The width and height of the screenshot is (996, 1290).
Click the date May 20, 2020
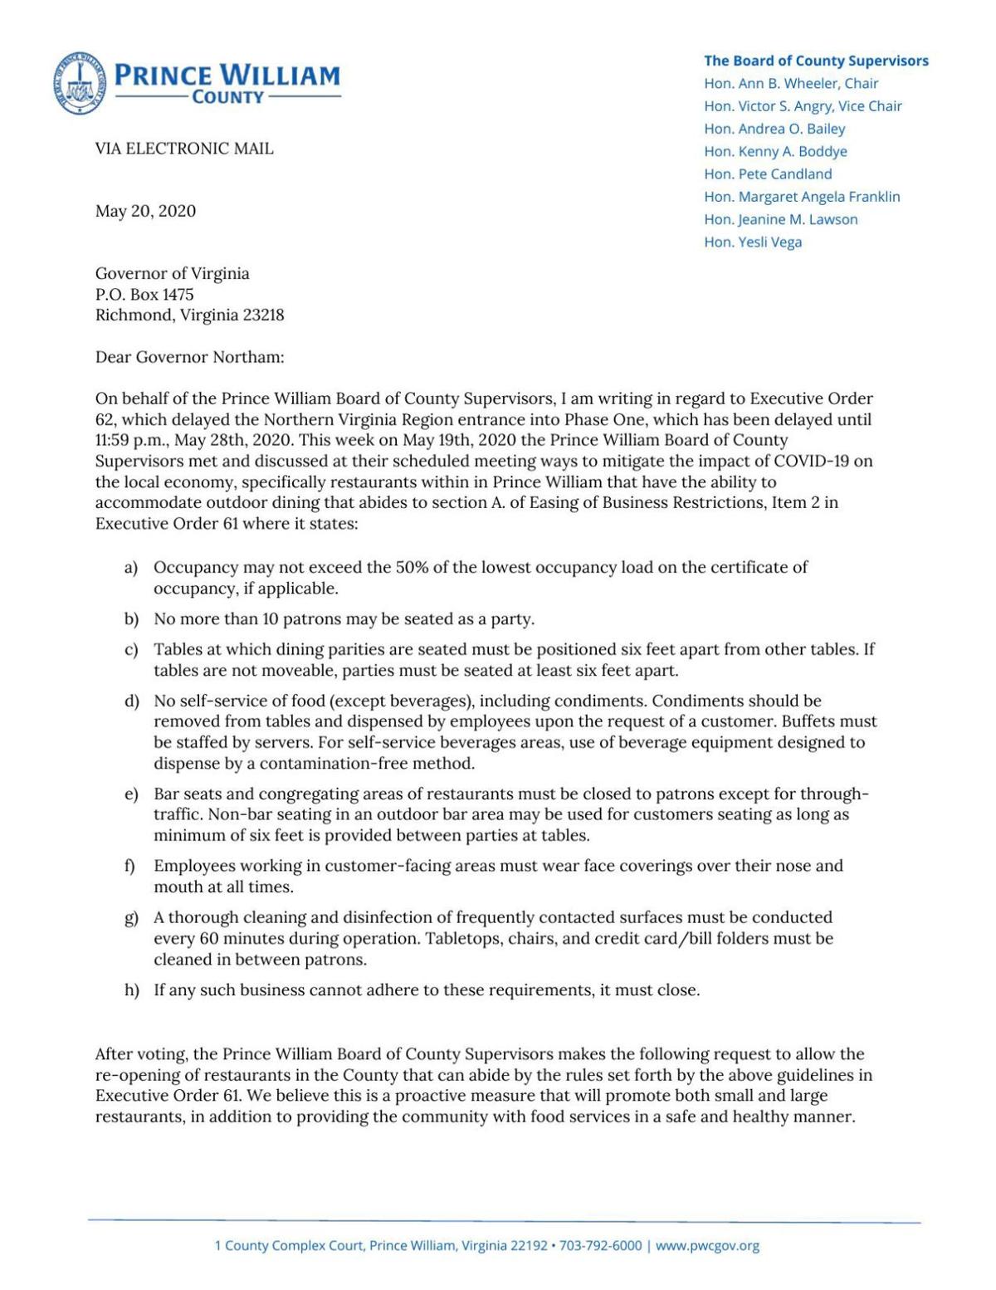(145, 211)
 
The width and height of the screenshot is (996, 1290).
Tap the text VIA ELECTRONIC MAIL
(184, 149)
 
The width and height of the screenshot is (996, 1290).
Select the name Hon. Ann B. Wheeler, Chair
(790, 83)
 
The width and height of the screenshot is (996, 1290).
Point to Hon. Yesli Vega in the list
(752, 242)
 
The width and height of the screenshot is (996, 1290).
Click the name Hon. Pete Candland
(767, 174)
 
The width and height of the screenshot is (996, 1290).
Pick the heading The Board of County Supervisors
(815, 61)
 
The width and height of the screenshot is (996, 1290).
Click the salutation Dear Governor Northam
(189, 358)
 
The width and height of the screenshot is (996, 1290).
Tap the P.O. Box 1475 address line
(144, 294)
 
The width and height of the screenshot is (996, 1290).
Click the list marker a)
(130, 569)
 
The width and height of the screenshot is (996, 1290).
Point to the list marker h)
(130, 991)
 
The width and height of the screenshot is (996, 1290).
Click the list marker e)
(130, 794)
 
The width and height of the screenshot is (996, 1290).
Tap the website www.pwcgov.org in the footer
(707, 1245)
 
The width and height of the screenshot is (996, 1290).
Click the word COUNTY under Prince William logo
(227, 97)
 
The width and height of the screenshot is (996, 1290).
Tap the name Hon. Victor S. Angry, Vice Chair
(802, 106)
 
